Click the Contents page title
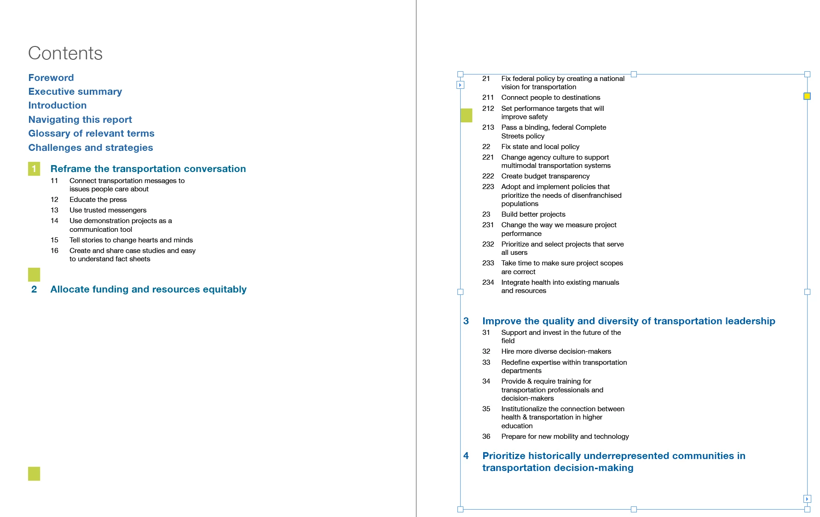[x=65, y=53]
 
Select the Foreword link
[x=51, y=78]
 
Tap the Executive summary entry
[x=75, y=92]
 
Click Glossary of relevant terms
[x=91, y=133]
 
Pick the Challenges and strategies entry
[x=91, y=148]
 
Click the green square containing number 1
[x=34, y=169]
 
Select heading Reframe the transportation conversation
[x=148, y=169]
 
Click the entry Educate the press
[x=98, y=200]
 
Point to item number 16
[x=54, y=251]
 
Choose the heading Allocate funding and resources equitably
[x=148, y=289]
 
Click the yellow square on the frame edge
[x=807, y=96]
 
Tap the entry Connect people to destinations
[x=551, y=98]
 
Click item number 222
[x=488, y=176]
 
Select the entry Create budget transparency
[x=545, y=176]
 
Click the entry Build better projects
[x=533, y=214]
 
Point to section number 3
[x=466, y=321]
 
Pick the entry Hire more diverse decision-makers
[x=556, y=351]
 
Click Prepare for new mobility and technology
[x=565, y=437]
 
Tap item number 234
[x=488, y=282]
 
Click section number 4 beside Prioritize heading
[x=466, y=456]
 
